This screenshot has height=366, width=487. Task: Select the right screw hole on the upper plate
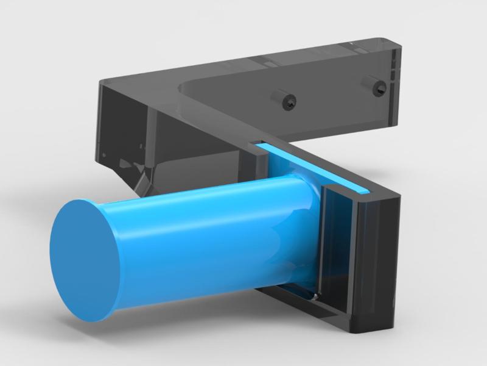pos(374,85)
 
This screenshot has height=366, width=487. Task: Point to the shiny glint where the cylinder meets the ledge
pos(314,297)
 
